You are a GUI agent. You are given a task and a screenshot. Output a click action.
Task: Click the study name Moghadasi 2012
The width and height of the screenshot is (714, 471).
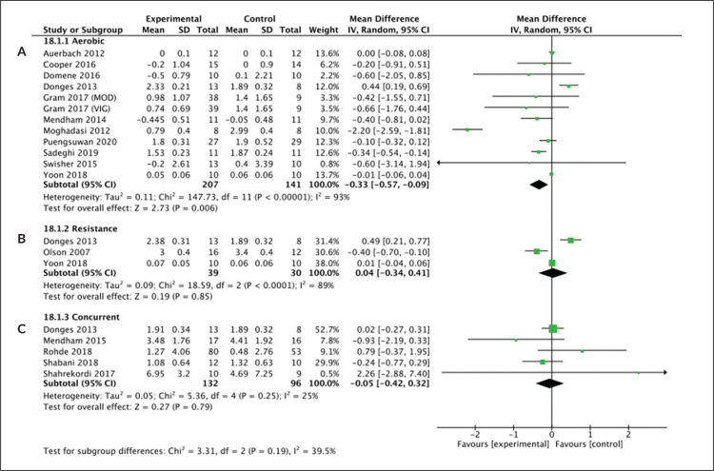tap(76, 130)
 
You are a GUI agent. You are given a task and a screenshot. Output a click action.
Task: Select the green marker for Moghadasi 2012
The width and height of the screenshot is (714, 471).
tap(467, 129)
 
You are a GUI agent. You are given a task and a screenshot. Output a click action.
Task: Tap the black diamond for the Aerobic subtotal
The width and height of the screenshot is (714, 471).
tap(539, 185)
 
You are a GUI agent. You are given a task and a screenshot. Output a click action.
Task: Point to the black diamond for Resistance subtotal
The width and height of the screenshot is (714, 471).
tap(552, 273)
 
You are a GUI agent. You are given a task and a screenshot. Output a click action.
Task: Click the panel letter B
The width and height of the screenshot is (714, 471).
tap(22, 239)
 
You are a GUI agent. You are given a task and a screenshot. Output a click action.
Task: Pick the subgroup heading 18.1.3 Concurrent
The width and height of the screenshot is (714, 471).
tap(82, 317)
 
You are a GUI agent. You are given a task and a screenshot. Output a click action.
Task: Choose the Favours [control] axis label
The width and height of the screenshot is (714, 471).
tap(589, 443)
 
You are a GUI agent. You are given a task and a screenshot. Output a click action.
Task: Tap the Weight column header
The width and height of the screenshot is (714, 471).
tap(324, 30)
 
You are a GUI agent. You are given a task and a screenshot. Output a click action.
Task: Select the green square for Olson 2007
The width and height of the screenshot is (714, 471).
tap(536, 251)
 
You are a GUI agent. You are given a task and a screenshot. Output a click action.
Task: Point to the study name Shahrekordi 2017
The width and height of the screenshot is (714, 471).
tap(79, 374)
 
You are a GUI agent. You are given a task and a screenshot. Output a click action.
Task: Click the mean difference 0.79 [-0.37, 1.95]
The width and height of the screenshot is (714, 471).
tap(391, 352)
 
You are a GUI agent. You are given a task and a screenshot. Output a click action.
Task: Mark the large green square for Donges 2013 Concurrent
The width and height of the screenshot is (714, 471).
tap(553, 328)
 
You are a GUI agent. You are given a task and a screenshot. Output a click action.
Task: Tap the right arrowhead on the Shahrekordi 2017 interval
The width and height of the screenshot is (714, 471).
tap(665, 373)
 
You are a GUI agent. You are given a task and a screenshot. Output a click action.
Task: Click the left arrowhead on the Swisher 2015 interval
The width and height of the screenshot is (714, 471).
tap(439, 163)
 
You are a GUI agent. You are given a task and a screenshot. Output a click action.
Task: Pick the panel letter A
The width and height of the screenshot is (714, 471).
tap(22, 52)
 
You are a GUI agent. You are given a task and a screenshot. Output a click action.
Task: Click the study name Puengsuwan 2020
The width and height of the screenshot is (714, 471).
tap(80, 142)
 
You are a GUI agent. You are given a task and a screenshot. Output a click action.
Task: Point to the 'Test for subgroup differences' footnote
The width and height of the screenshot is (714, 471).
tap(189, 451)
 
